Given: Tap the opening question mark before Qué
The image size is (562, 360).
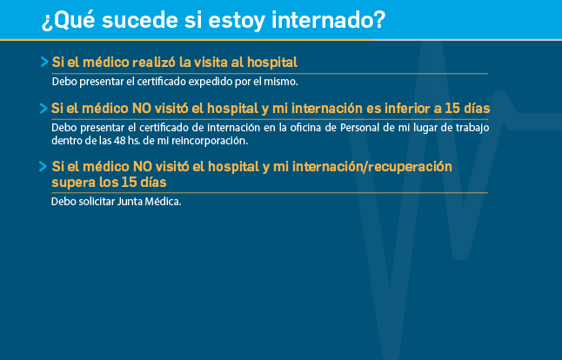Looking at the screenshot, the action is [x=47, y=23].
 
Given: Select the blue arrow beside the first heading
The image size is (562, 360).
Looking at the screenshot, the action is [x=44, y=62].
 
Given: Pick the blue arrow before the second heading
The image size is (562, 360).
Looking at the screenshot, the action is [x=43, y=108].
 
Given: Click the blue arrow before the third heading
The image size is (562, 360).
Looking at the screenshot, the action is [x=43, y=167].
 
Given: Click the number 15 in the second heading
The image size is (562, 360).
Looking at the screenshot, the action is [x=452, y=108].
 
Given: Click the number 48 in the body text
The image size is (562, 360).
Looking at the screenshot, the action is [x=120, y=140].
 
